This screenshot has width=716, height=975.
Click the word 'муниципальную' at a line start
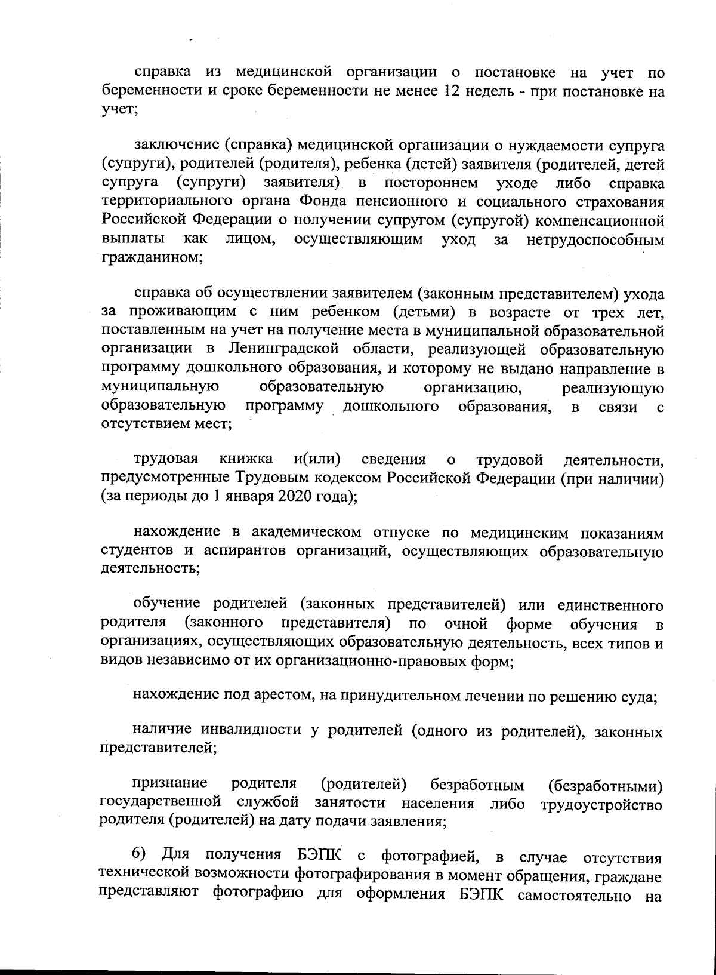(x=159, y=387)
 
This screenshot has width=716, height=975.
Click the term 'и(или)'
(x=317, y=459)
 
